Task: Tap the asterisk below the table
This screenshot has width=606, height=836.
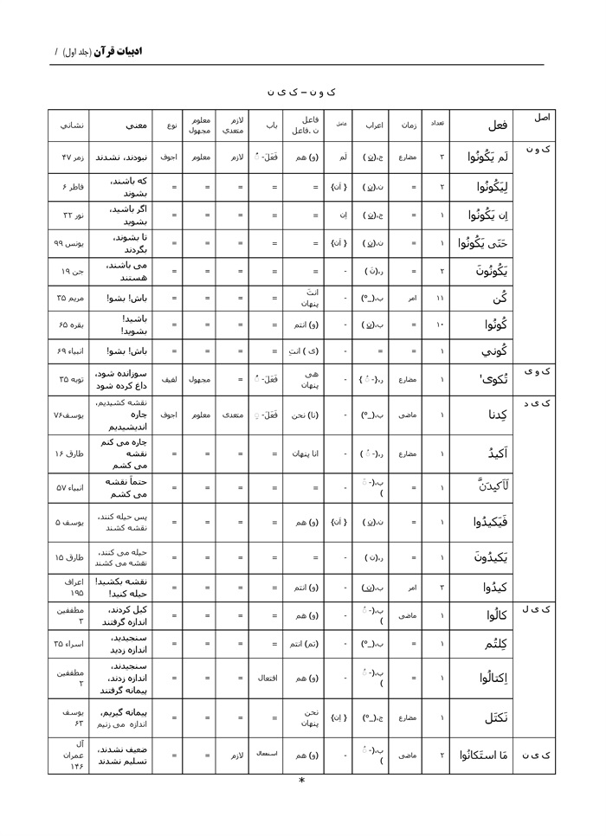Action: click(301, 781)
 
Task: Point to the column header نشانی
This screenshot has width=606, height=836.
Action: click(71, 125)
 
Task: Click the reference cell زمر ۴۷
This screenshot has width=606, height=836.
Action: click(71, 158)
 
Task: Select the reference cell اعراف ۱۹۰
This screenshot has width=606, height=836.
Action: click(71, 588)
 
